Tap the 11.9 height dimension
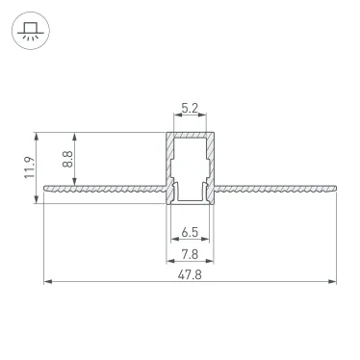30,167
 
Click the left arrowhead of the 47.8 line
46,283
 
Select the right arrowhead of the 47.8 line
335,283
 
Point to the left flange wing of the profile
106,189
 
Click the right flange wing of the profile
274,189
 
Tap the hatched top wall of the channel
191,134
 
